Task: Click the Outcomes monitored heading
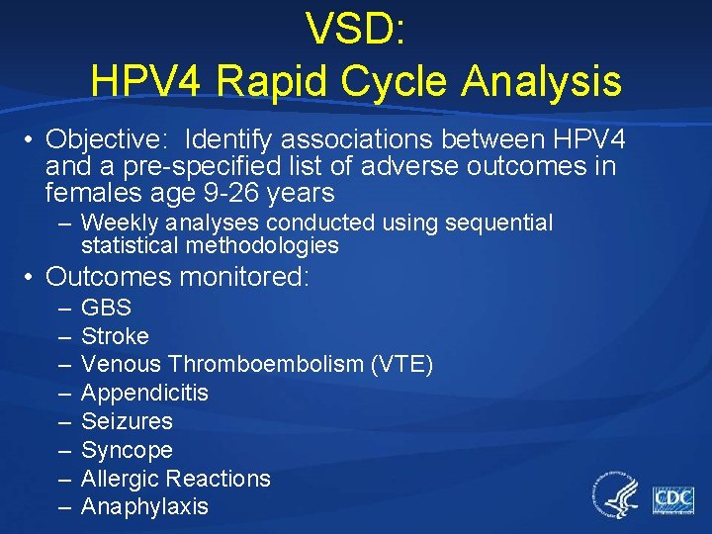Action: pyautogui.click(x=178, y=277)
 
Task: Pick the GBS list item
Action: pyautogui.click(x=106, y=308)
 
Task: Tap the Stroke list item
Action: pyautogui.click(x=115, y=336)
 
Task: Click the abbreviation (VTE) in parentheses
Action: pyautogui.click(x=401, y=365)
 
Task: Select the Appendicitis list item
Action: pyautogui.click(x=144, y=394)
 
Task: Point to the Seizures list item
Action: pyautogui.click(x=127, y=422)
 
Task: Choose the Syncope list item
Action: pyautogui.click(x=127, y=451)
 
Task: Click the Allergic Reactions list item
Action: pyautogui.click(x=175, y=480)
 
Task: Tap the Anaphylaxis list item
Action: pyautogui.click(x=144, y=507)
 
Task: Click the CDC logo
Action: pyautogui.click(x=672, y=499)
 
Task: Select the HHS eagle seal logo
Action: pyautogui.click(x=615, y=494)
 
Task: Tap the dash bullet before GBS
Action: pyautogui.click(x=63, y=308)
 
